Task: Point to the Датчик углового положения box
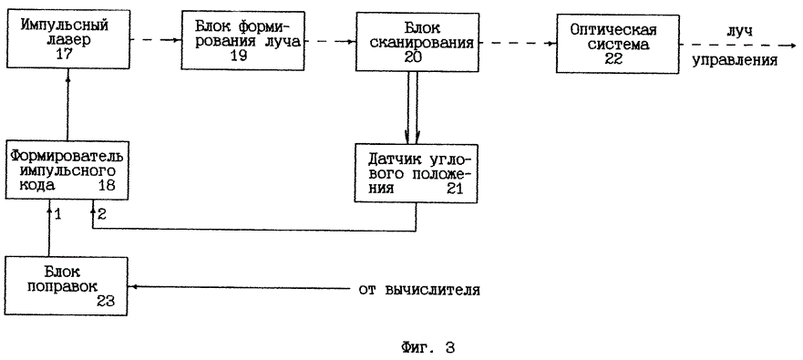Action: point(417,170)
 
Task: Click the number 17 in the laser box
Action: point(68,57)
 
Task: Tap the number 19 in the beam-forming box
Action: point(241,57)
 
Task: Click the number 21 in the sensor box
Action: point(457,188)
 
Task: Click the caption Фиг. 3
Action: point(427,347)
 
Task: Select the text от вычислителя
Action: point(419,291)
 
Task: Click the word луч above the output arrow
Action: point(738,30)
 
